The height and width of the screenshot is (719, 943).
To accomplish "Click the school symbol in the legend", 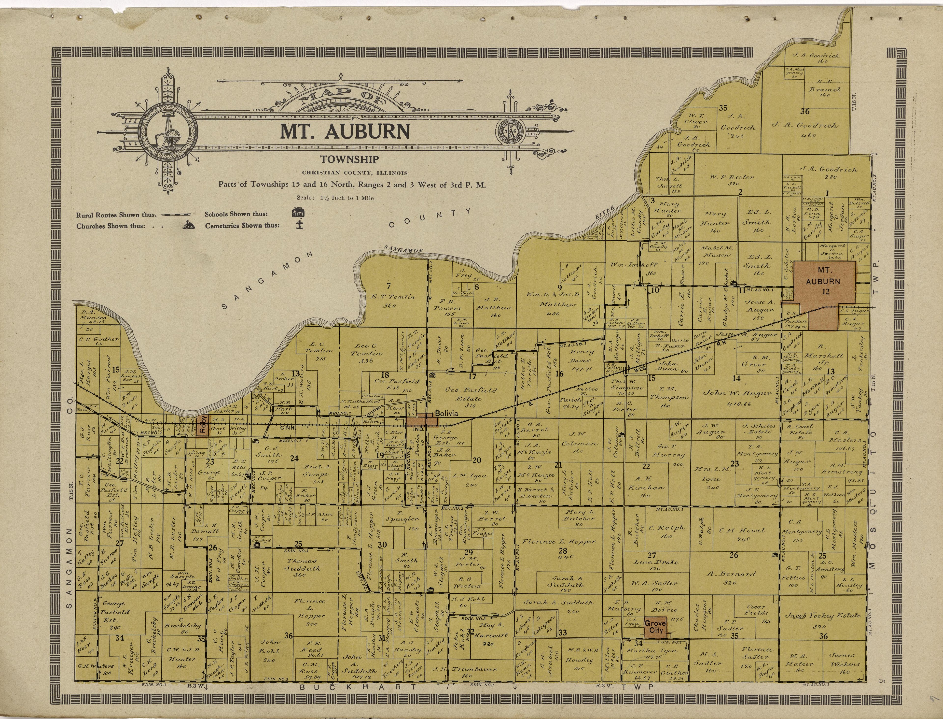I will click(298, 213).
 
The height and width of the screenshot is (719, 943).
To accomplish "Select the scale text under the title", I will click(335, 198).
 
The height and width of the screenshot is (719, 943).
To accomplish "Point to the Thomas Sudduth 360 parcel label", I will click(301, 567).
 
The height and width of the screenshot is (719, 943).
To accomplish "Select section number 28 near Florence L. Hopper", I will click(563, 551).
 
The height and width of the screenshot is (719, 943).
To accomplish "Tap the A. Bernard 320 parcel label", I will click(731, 578).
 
